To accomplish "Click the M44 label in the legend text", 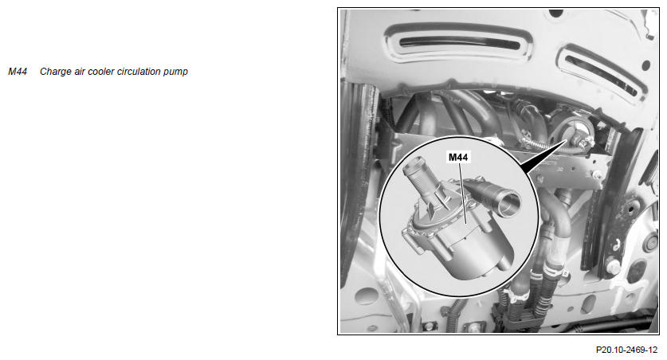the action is (18, 72).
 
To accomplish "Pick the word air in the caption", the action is (80, 72).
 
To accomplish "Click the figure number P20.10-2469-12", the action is (626, 350).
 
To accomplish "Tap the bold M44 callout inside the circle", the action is (458, 157).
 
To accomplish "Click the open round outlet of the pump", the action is (508, 204).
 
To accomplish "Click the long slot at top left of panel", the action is (459, 42).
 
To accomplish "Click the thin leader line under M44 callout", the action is (463, 194).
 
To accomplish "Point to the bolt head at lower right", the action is (613, 266).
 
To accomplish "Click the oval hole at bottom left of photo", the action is (367, 295).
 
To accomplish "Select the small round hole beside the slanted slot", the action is (646, 65).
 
